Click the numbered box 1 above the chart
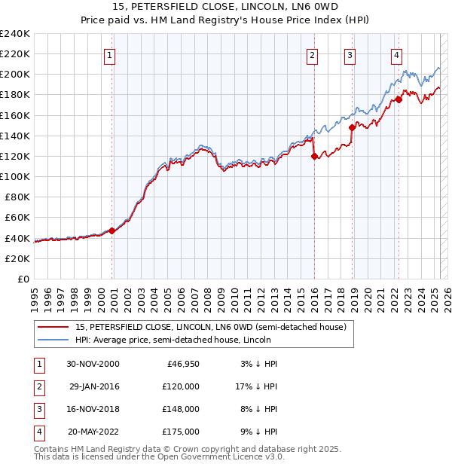click(x=110, y=54)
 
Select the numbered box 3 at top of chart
click(x=350, y=54)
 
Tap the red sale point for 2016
click(x=314, y=156)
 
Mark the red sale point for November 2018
click(x=352, y=128)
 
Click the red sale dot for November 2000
click(x=111, y=230)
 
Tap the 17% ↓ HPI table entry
click(x=253, y=386)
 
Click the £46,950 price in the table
click(x=181, y=364)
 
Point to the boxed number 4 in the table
click(x=38, y=432)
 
